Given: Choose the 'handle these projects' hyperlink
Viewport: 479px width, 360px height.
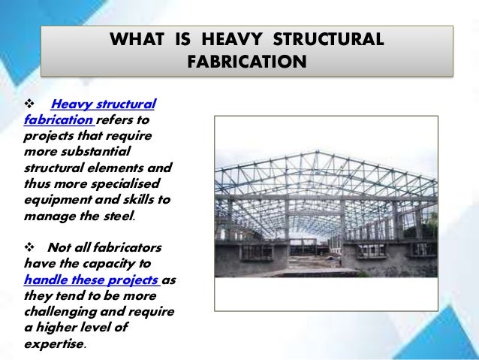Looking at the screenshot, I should (x=92, y=278).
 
